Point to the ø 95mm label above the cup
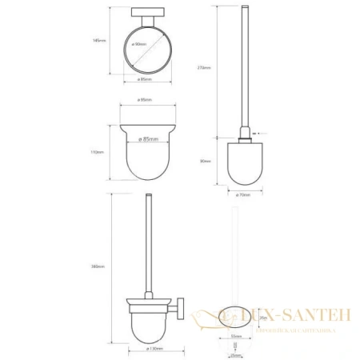(146, 101)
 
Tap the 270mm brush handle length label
(207, 68)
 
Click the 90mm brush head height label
(206, 161)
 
